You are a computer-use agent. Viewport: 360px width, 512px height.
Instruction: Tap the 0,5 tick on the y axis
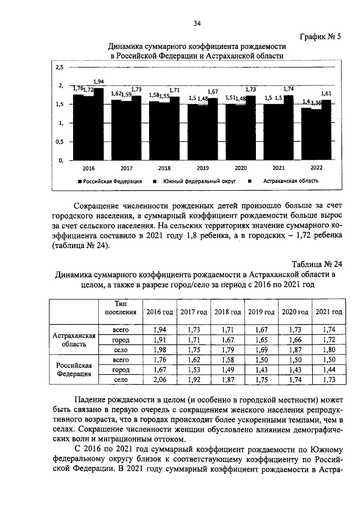coord(59,142)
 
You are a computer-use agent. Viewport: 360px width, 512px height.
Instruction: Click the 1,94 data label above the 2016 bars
coord(98,82)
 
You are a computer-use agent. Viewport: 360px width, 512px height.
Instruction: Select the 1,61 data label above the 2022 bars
coord(326,93)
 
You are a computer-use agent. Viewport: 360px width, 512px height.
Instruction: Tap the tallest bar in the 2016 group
coord(99,124)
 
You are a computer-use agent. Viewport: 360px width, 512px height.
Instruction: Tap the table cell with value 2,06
coord(160,380)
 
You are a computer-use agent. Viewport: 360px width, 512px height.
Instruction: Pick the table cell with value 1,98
coord(160,350)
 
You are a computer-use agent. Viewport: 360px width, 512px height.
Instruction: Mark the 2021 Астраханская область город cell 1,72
coord(328,340)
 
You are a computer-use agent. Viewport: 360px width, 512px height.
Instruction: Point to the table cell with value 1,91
coord(160,340)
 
